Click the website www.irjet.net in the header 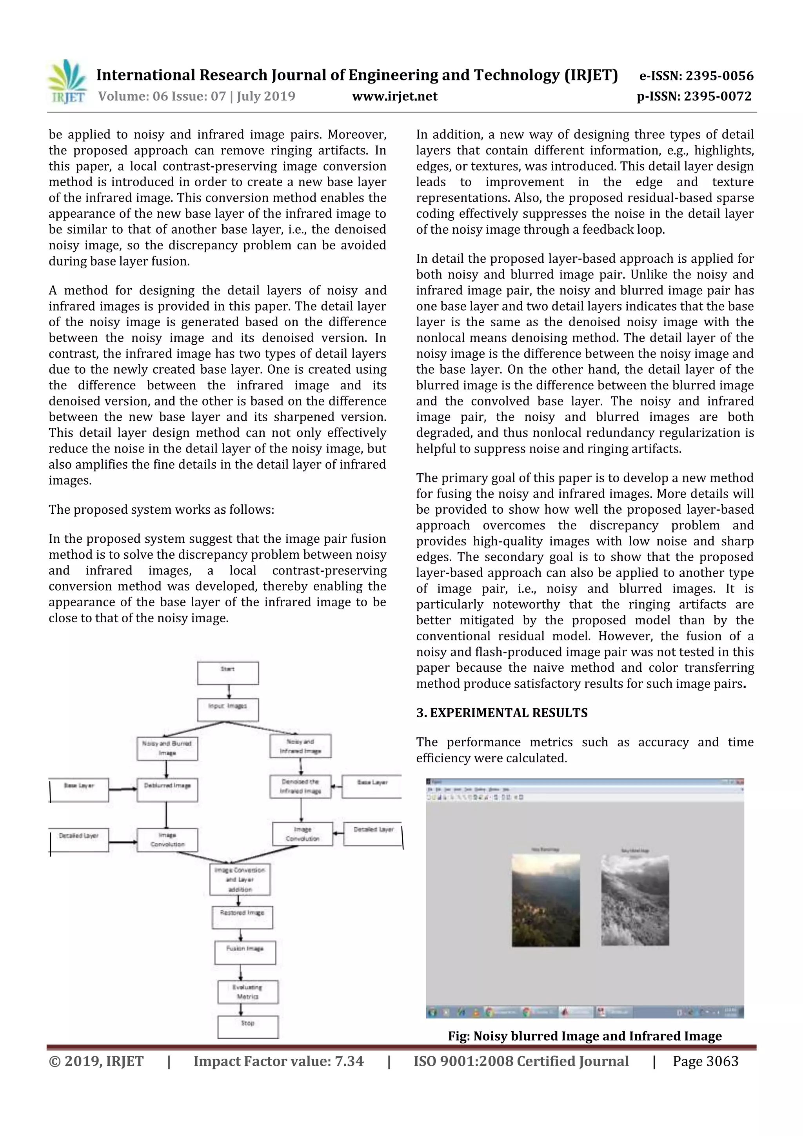tap(394, 96)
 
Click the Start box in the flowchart tap(227, 673)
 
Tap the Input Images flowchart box tap(227, 709)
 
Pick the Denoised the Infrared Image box tap(300, 786)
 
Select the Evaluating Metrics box tap(248, 992)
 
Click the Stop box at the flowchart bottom tap(248, 1027)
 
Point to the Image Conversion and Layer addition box tap(240, 879)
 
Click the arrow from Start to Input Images tap(229, 691)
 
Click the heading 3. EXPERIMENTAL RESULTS tap(502, 713)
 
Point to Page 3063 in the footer tap(705, 1061)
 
